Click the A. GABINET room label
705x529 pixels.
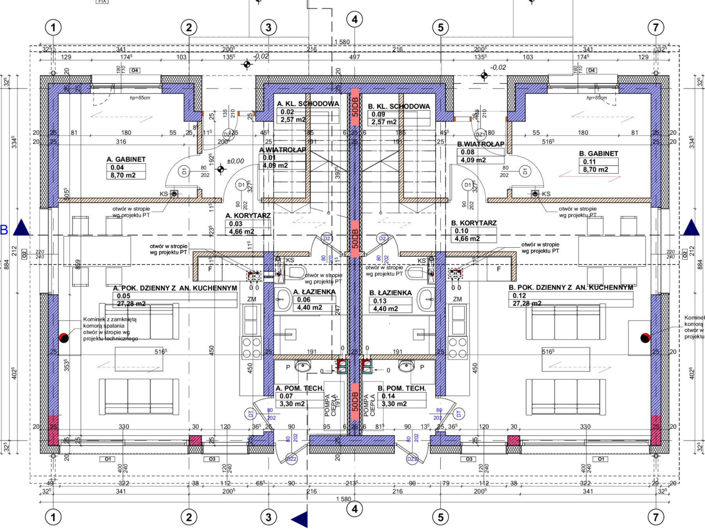126,159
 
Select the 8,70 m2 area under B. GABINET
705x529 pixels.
595,169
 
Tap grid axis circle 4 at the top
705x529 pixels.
354,19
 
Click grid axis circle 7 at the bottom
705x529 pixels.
656,517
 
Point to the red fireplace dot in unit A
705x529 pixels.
64,338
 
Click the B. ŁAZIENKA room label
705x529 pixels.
390,293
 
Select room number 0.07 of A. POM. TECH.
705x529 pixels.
286,396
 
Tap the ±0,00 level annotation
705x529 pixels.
235,161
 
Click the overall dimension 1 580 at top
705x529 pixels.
342,42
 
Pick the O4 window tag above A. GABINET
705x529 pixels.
135,70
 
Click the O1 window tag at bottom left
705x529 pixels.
108,459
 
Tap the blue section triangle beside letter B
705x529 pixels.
22,228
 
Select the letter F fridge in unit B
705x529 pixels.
498,269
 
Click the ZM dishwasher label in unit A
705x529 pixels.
251,299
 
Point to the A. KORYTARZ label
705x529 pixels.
248,216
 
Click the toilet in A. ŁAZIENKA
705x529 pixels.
297,272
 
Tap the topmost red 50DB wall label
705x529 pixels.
355,107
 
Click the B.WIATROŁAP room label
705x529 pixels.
481,144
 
